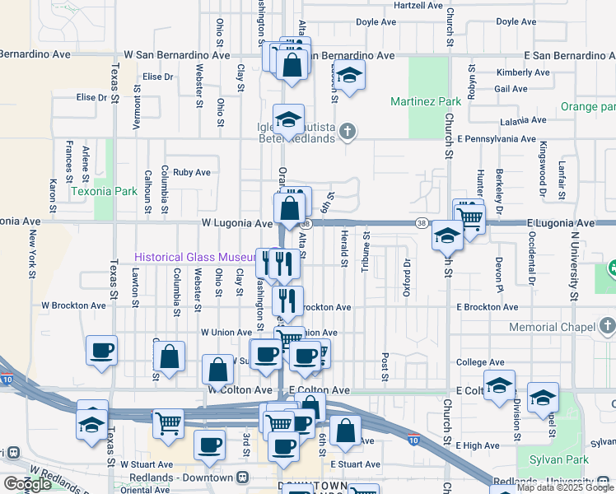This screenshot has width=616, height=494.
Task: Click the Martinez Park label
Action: [426, 102]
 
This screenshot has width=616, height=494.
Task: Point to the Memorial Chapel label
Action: [551, 327]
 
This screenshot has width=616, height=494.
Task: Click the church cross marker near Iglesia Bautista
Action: [348, 131]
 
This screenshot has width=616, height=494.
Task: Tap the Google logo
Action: [27, 484]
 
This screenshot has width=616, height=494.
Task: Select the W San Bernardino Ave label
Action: [177, 55]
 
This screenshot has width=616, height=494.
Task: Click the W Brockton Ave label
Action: [73, 305]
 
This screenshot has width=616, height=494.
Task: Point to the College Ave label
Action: [480, 362]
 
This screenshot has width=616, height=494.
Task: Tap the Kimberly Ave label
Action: [522, 72]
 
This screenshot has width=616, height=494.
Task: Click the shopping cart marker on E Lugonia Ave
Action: [469, 217]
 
